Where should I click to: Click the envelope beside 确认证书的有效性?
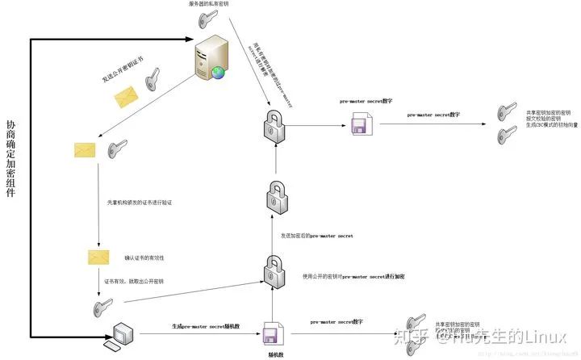98,257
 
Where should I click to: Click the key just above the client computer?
103,307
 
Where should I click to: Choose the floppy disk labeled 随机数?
270,333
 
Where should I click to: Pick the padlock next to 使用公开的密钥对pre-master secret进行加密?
273,270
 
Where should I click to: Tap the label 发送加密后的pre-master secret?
316,236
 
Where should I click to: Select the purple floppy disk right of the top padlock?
360,124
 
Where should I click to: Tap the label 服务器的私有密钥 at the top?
209,4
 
